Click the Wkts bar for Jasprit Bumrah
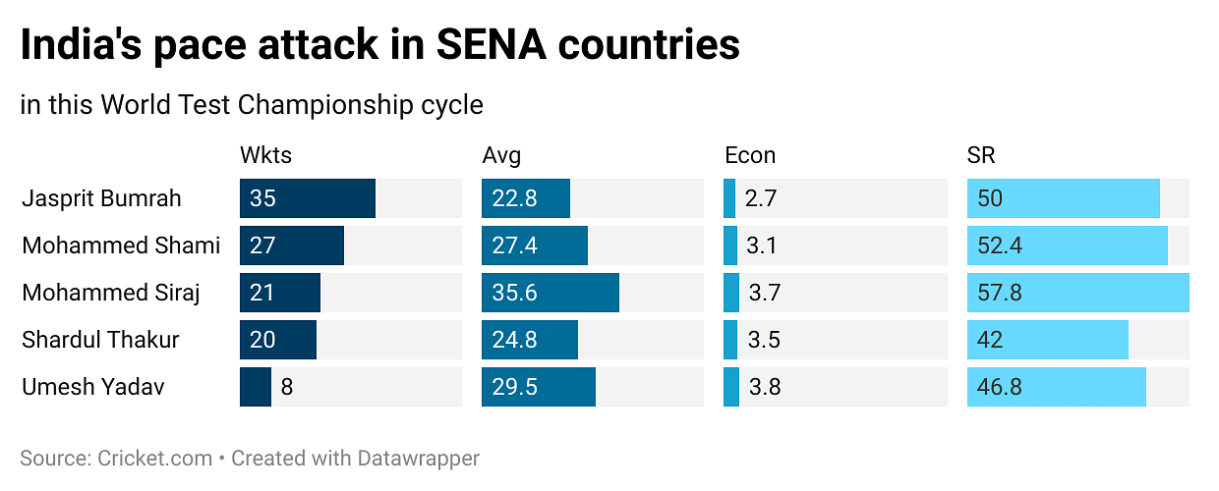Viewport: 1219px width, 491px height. [x=307, y=198]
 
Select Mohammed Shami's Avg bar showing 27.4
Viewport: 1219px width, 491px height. [x=534, y=245]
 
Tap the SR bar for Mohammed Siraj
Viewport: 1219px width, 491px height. [x=1077, y=293]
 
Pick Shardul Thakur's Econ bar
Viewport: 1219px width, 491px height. [x=730, y=340]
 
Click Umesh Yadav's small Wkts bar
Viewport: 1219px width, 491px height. [x=256, y=387]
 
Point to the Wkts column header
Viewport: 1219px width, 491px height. [x=265, y=155]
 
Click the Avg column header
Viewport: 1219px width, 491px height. [x=501, y=155]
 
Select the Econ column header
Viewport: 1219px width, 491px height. [x=750, y=155]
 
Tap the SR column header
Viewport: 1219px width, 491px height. [x=981, y=155]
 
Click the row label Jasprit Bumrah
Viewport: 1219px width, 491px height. [x=101, y=198]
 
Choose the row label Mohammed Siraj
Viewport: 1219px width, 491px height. [x=111, y=293]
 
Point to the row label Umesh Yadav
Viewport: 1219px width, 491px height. [x=92, y=387]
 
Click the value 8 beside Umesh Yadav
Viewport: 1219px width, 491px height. [x=287, y=387]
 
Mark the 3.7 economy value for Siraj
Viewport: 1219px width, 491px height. [x=764, y=293]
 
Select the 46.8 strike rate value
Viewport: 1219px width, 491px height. [x=1000, y=387]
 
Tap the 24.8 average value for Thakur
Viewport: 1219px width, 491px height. [x=515, y=340]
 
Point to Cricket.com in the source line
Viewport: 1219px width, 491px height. [x=155, y=458]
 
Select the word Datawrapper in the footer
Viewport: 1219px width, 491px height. [x=419, y=458]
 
